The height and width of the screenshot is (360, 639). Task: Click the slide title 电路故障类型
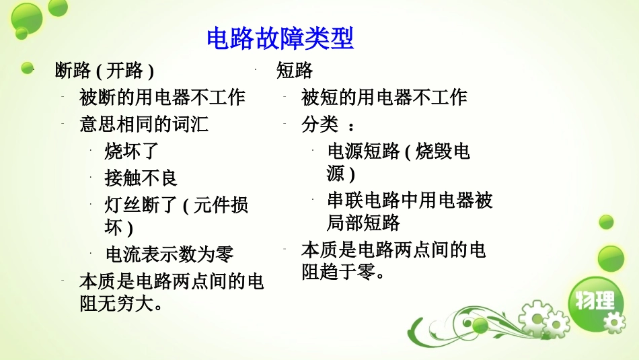click(280, 39)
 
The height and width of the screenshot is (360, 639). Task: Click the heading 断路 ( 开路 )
click(104, 71)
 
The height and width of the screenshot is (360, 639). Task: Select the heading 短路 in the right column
click(295, 71)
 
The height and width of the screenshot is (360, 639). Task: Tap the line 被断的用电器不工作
click(162, 98)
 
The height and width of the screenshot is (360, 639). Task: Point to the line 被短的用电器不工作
click(384, 98)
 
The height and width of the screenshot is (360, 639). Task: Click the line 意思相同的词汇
click(144, 124)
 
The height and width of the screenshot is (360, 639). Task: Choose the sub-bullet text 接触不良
click(141, 178)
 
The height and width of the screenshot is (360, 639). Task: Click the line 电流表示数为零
click(170, 254)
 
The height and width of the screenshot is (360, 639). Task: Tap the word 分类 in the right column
click(319, 124)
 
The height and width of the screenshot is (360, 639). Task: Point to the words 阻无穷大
click(121, 303)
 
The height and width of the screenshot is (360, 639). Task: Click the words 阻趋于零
click(343, 273)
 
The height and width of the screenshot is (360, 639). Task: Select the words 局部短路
click(363, 223)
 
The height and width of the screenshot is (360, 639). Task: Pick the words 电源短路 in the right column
click(363, 151)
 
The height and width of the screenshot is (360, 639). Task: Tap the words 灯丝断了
click(141, 205)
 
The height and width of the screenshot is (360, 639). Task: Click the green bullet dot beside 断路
click(28, 68)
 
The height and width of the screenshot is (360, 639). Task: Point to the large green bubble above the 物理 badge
click(611, 258)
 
